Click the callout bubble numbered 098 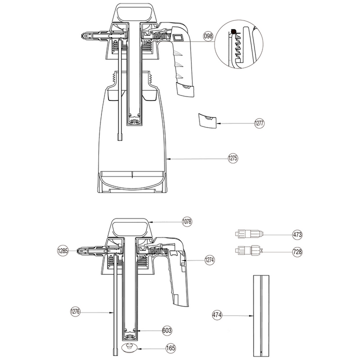[208, 36]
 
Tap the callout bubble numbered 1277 [259, 123]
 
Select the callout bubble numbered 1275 [233, 158]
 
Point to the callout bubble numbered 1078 [187, 222]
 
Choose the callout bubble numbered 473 [297, 235]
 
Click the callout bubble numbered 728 [297, 252]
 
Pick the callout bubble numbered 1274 [209, 260]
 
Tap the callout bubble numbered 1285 [62, 250]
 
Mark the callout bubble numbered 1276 [75, 312]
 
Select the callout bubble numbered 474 [217, 315]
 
